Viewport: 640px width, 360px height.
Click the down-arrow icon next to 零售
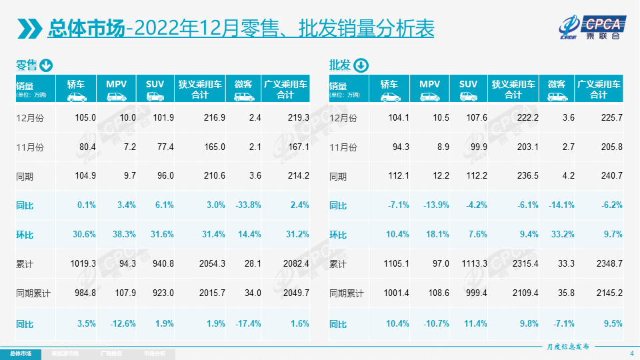(x=46, y=65)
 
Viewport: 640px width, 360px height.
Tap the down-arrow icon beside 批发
(x=360, y=65)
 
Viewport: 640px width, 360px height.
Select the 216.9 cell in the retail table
(x=214, y=117)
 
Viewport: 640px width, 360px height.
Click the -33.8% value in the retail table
(x=248, y=205)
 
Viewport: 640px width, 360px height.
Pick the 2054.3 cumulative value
(x=211, y=264)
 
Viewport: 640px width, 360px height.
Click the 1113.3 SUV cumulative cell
(x=473, y=264)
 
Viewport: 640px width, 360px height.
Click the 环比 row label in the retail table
(x=25, y=235)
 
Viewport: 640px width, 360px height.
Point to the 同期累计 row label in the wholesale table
(x=347, y=293)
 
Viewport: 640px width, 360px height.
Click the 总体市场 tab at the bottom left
(x=20, y=353)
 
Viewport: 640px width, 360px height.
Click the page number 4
(x=631, y=353)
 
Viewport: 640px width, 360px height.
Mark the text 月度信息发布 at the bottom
(x=567, y=347)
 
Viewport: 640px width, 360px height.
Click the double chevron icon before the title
(x=29, y=29)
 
